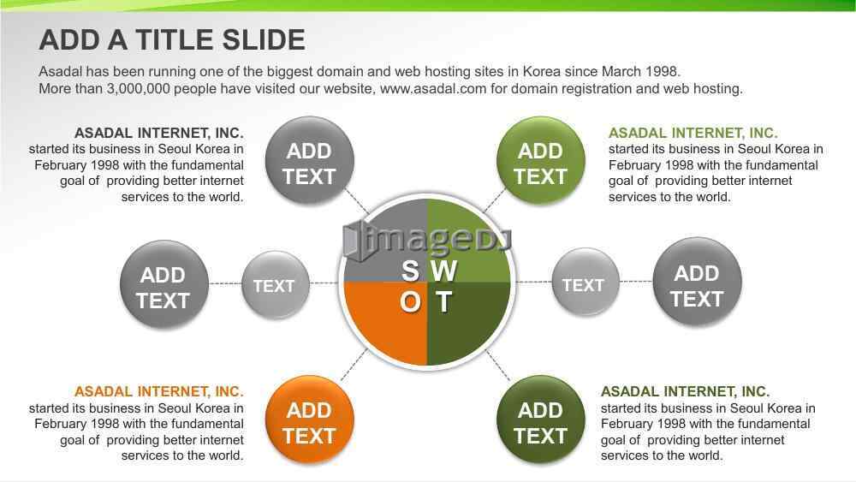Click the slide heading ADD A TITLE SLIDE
point(172,40)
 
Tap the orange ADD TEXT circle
point(310,420)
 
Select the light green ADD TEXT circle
point(540,161)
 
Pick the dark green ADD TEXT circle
point(540,420)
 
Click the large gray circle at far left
point(163,285)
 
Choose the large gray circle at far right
point(697,283)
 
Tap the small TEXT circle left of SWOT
point(275,284)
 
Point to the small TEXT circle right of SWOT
point(586,283)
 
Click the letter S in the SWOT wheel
point(410,271)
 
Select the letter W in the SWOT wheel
point(443,271)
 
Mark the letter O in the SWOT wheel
point(410,301)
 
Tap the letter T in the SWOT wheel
point(443,301)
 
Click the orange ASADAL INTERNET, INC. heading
point(159,391)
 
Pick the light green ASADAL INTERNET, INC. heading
point(693,133)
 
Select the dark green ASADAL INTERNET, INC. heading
point(685,391)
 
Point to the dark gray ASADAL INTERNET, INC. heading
point(159,133)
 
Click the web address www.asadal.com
point(433,88)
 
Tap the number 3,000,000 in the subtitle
point(138,89)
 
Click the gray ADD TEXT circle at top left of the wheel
point(310,161)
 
